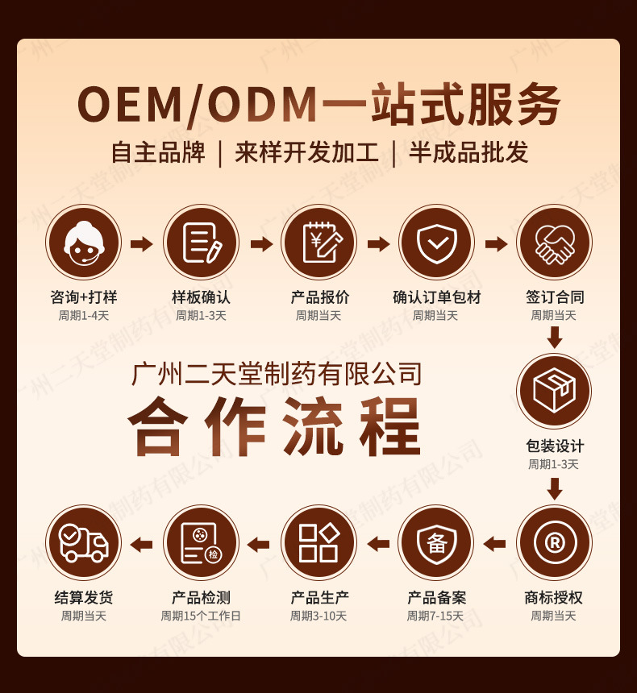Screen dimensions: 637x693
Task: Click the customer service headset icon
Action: (x=83, y=243)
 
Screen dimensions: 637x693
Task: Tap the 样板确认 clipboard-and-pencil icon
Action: (x=201, y=243)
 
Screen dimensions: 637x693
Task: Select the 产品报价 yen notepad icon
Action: (x=318, y=243)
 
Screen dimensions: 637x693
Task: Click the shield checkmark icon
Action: (x=436, y=243)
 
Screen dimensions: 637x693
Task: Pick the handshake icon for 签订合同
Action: (x=554, y=243)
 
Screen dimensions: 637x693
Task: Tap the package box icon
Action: (x=554, y=391)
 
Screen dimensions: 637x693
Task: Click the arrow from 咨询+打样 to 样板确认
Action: (x=142, y=243)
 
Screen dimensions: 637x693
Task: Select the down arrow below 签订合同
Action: (x=554, y=337)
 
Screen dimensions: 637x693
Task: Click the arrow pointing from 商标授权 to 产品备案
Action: (x=494, y=544)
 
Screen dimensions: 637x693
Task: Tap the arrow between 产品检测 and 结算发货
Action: (x=141, y=544)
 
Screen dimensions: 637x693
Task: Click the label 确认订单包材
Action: (x=436, y=297)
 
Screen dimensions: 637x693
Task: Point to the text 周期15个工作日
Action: (x=201, y=616)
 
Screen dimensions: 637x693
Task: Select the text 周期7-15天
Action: (x=435, y=616)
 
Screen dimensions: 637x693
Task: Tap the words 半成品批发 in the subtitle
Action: (x=468, y=152)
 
